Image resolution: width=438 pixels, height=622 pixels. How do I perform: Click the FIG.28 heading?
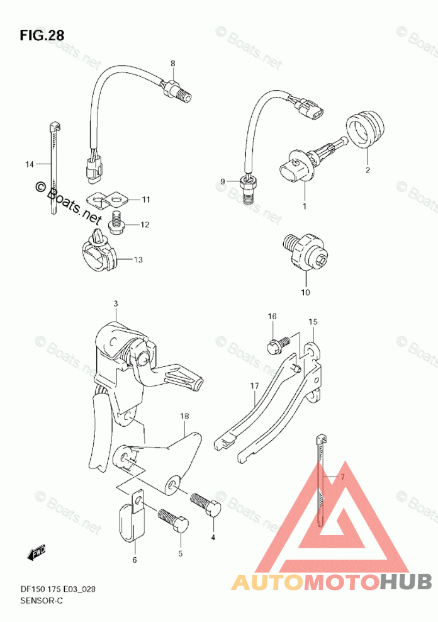(42, 35)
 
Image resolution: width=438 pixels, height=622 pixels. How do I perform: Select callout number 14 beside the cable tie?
(29, 164)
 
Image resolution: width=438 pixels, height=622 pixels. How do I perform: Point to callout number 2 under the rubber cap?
(368, 169)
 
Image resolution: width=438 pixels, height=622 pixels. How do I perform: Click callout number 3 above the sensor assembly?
(116, 304)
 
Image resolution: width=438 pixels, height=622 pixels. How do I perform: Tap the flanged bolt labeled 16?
(277, 343)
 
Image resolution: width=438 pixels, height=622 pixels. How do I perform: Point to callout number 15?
(313, 322)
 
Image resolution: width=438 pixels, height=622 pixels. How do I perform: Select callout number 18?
(184, 416)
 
